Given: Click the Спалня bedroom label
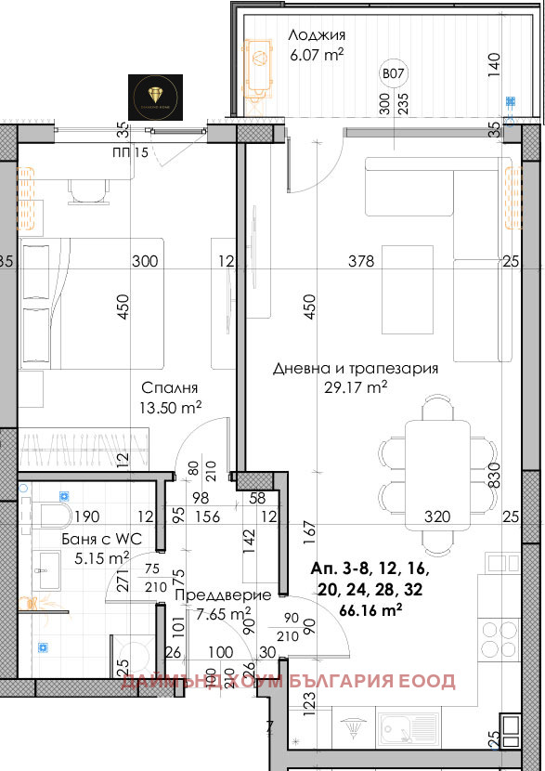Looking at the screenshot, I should click(x=171, y=387).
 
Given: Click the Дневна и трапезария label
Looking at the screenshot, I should click(x=356, y=369).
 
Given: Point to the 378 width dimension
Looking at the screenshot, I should click(x=360, y=262).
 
